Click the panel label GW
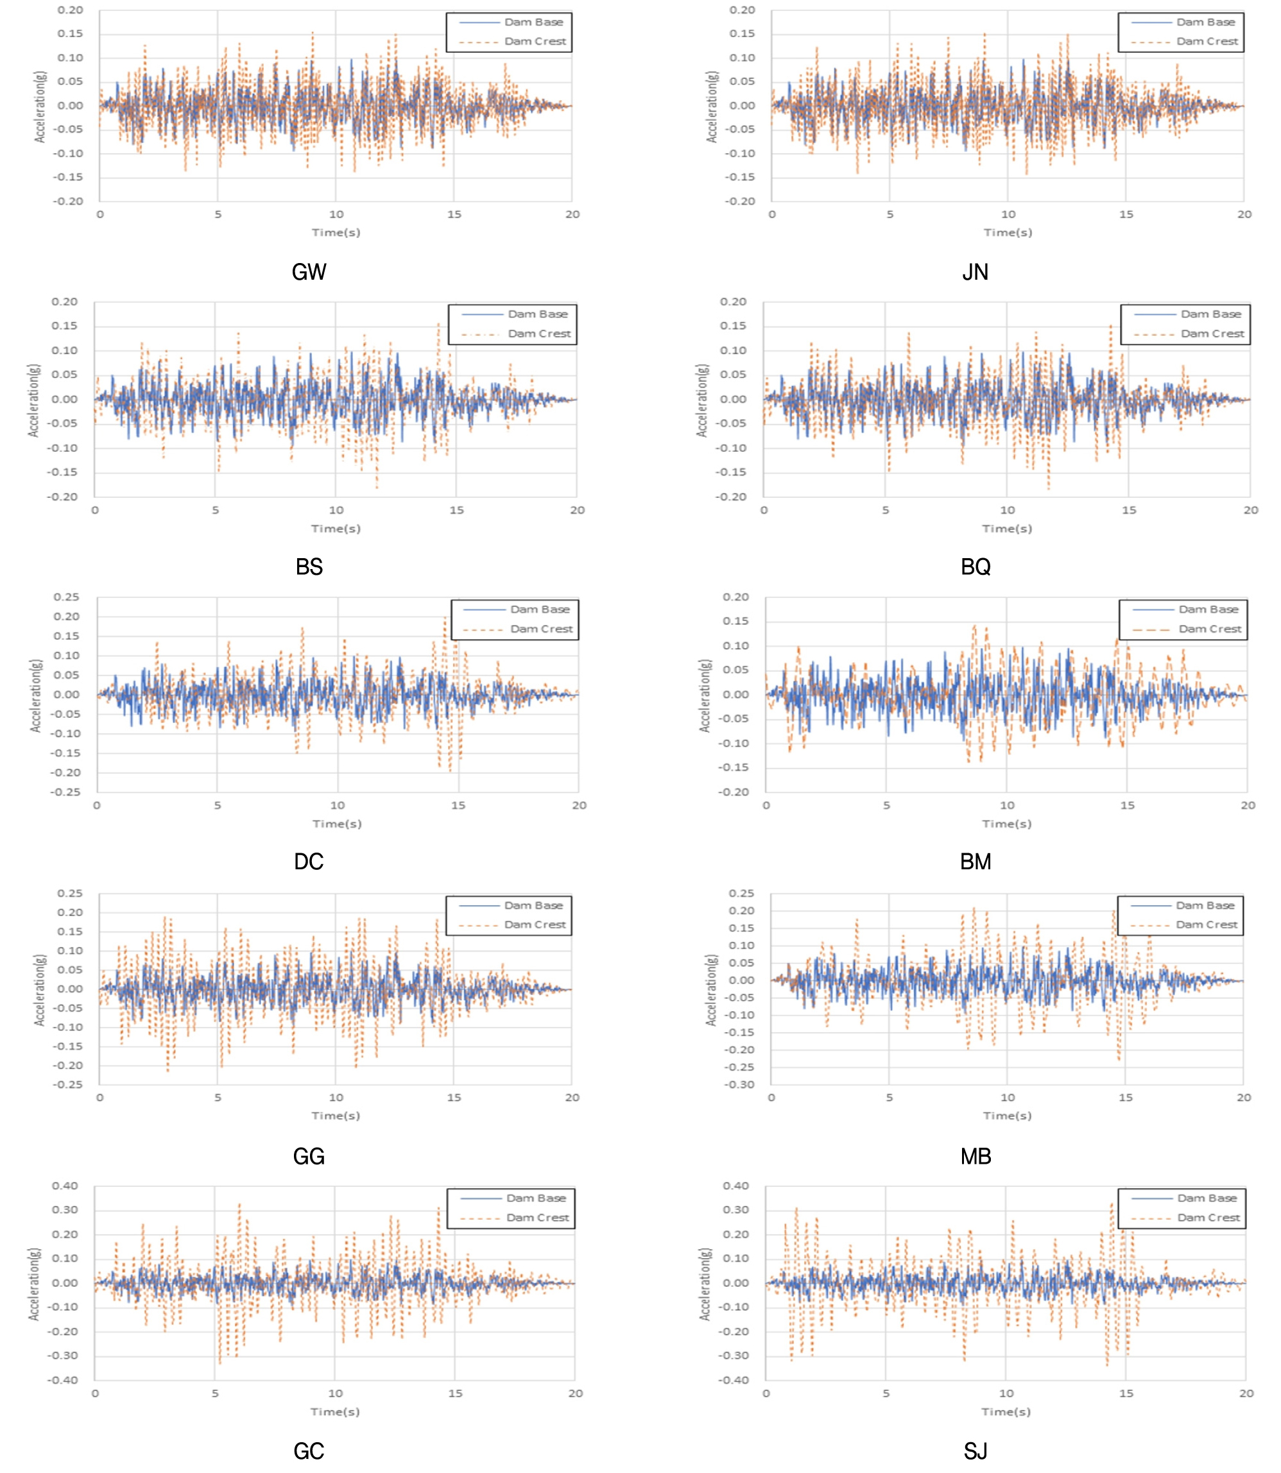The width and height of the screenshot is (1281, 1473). click(309, 271)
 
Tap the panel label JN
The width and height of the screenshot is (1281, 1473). click(975, 271)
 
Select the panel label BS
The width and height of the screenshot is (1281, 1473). click(309, 566)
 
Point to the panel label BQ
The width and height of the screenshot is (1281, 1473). click(975, 566)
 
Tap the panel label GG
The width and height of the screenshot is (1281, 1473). click(309, 1156)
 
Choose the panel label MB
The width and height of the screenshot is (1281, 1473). click(975, 1156)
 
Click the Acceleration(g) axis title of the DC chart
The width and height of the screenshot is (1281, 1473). click(35, 695)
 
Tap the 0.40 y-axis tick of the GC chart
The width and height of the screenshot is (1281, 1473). click(64, 1186)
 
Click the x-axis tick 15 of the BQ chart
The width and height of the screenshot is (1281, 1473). click(1128, 509)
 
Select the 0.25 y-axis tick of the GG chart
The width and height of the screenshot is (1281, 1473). click(69, 894)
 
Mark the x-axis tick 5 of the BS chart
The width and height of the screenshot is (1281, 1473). click(215, 509)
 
